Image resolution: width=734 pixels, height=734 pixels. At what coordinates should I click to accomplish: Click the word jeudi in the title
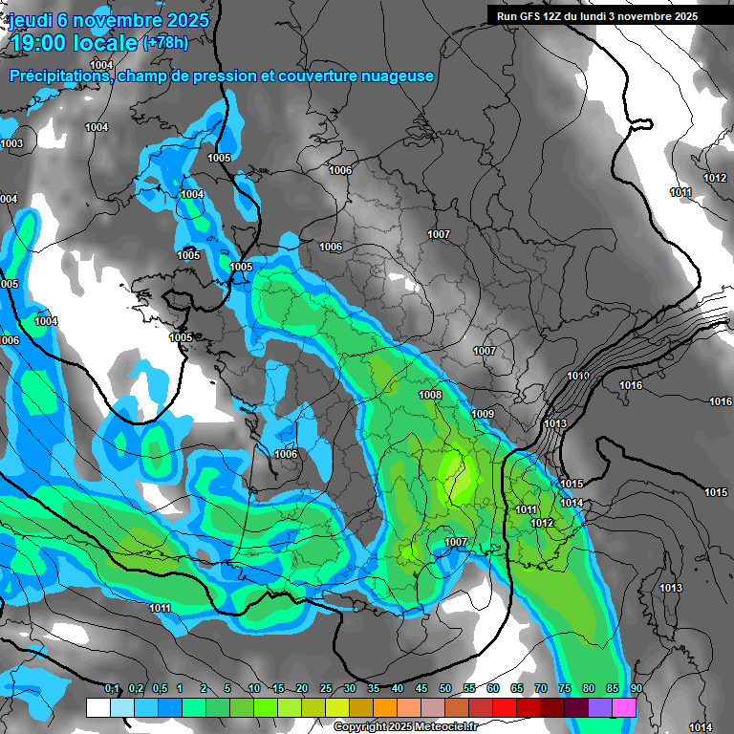(x=37, y=20)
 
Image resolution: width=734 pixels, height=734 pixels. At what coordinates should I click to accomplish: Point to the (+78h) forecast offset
(x=165, y=43)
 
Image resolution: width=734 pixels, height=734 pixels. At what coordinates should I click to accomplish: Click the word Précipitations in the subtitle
(x=56, y=76)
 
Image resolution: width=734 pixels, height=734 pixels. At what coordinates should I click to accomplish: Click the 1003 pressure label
(x=11, y=144)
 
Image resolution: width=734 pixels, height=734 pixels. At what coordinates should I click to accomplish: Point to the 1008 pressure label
(x=430, y=396)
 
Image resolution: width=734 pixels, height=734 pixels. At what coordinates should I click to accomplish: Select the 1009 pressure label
(x=483, y=414)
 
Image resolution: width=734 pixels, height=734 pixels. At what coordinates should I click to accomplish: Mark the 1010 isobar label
(x=578, y=376)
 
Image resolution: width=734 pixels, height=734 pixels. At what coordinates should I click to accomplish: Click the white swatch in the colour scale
(x=98, y=707)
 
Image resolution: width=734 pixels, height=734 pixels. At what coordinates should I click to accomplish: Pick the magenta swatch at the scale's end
(x=624, y=707)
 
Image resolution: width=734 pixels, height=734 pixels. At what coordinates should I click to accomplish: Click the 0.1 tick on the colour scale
(x=112, y=689)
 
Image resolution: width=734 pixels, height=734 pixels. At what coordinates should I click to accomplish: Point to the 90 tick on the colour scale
(x=636, y=689)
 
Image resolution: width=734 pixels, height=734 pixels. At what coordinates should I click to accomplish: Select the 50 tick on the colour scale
(x=445, y=689)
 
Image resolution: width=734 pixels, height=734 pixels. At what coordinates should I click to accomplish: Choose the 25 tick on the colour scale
(x=326, y=689)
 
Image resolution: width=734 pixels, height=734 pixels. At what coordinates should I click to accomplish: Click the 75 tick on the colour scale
(x=565, y=689)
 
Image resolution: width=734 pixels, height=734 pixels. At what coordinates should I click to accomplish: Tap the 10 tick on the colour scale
(x=254, y=689)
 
